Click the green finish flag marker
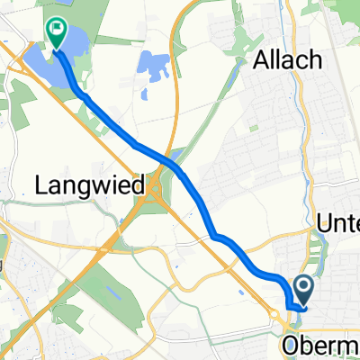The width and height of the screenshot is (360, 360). (56, 33)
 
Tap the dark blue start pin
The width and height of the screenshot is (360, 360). (302, 290)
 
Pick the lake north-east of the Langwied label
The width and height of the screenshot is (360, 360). (154, 66)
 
